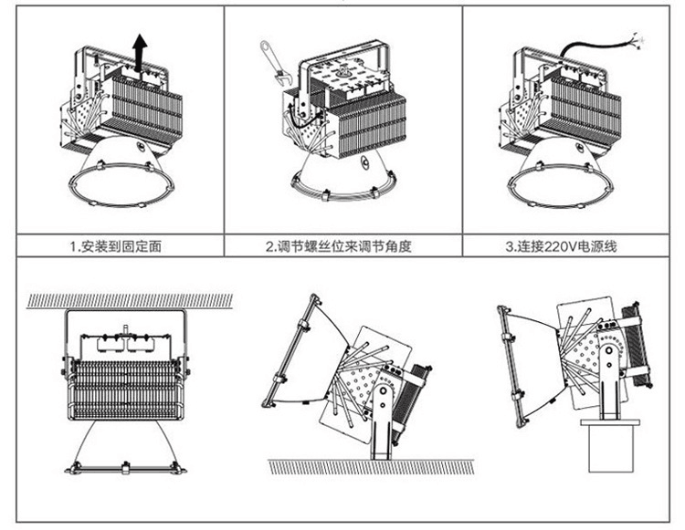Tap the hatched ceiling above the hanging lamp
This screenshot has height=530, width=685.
click(128, 300)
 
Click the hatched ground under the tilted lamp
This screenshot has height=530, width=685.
click(365, 466)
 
